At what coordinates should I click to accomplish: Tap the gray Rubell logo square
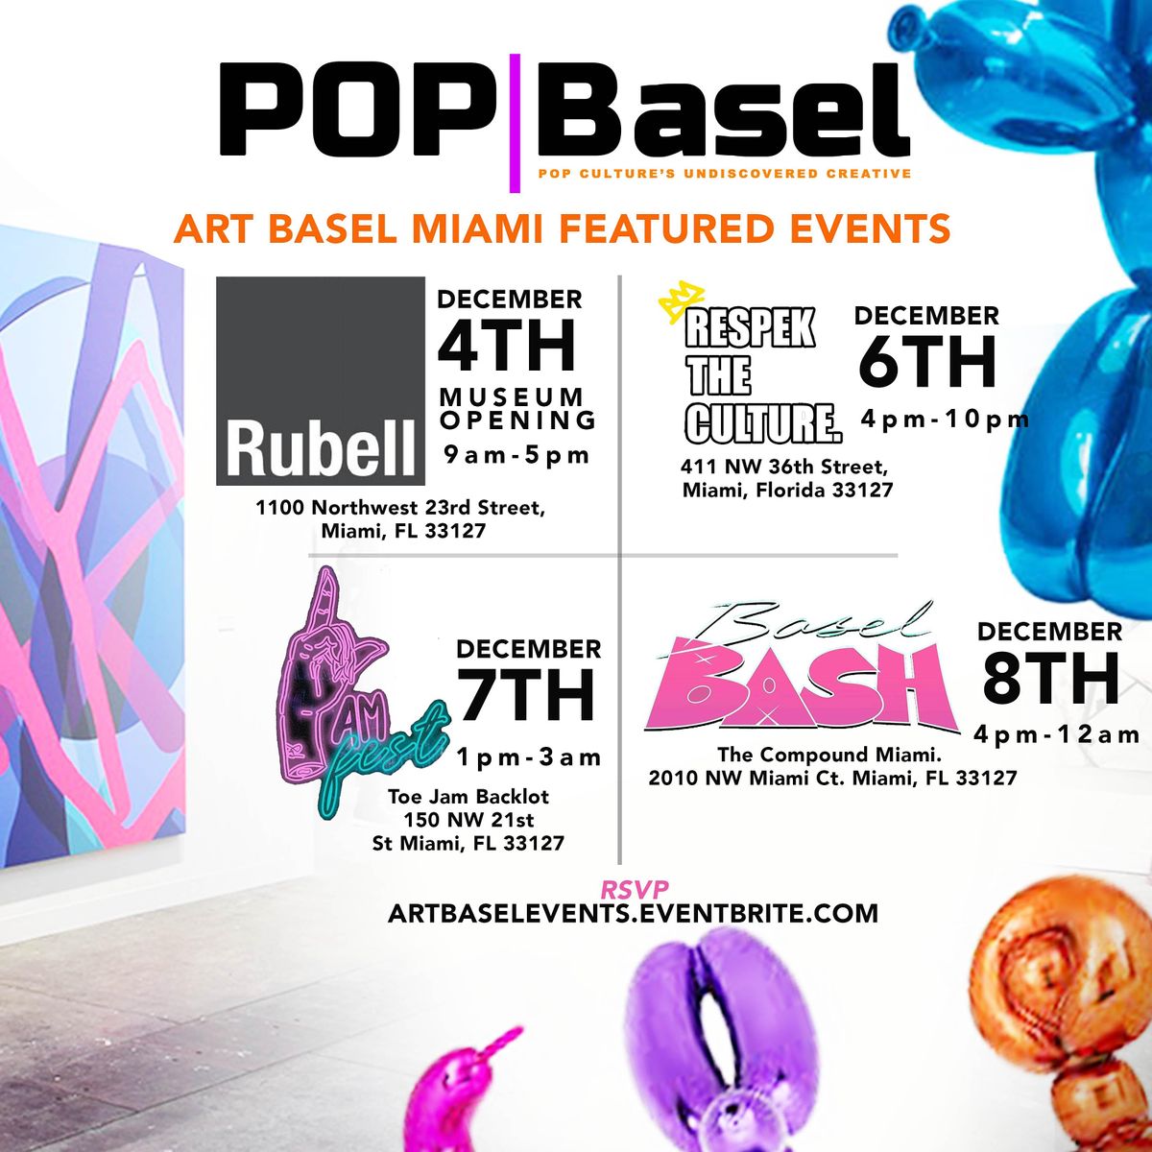[320, 380]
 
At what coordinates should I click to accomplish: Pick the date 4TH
[507, 346]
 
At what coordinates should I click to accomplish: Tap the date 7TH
[526, 695]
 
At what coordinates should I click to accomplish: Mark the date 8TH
[1050, 679]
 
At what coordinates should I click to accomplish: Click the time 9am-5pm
[516, 455]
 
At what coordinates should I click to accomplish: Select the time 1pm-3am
[529, 757]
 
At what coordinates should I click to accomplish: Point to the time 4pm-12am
[1056, 735]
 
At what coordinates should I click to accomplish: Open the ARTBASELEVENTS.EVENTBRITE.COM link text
[633, 913]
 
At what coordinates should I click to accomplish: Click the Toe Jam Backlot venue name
[468, 796]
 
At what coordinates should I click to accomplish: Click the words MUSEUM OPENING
[517, 408]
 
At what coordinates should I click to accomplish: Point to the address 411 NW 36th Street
[783, 468]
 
